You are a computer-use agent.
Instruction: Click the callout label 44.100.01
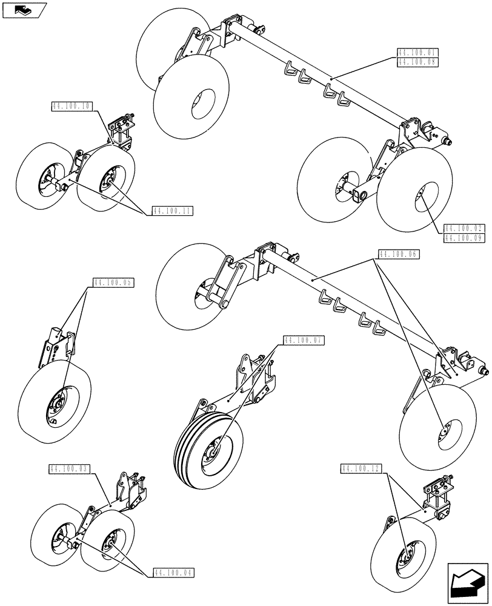coord(417,53)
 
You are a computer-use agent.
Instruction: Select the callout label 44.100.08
coord(417,61)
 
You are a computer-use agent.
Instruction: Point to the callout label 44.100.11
coord(172,211)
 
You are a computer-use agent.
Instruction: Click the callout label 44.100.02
coord(463,229)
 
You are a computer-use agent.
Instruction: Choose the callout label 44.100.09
coord(463,238)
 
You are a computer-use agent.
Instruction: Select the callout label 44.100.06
coord(399,255)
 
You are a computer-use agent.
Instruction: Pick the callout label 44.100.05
coord(113,283)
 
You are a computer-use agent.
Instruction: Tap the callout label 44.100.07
coord(304,341)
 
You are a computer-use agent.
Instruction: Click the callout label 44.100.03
coord(68,469)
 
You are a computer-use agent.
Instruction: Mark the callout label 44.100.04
coord(175,572)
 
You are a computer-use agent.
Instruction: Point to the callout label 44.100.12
coord(361,469)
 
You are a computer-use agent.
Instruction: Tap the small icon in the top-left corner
coord(24,9)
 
